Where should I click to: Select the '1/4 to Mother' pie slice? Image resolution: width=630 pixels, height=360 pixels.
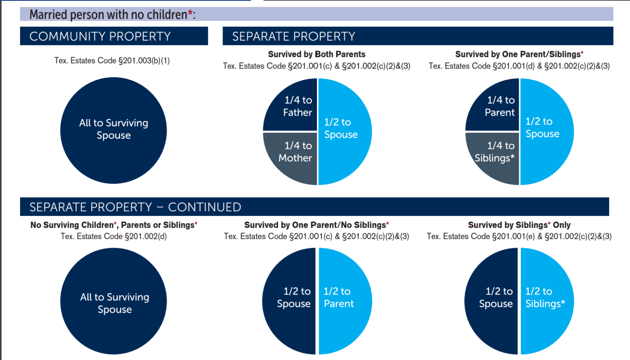point(295,154)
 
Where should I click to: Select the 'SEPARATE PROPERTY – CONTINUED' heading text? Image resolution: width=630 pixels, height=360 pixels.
point(135,207)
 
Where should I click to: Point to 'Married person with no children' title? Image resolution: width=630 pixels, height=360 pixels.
point(108,15)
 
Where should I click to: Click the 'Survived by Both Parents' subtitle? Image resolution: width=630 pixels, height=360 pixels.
point(317,54)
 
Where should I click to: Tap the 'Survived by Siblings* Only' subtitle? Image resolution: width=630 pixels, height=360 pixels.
point(519,225)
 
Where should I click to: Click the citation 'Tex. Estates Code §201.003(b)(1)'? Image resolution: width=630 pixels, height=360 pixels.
point(112,61)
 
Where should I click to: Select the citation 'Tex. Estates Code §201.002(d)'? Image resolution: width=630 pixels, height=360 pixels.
point(114,236)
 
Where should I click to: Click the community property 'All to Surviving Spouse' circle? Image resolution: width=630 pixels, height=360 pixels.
point(113,130)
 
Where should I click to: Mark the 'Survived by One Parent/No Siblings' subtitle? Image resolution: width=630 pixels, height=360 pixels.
point(316,225)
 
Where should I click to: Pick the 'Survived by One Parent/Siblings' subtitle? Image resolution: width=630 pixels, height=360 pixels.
point(519,54)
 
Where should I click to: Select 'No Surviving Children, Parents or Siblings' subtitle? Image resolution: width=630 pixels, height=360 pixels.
point(114,225)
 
